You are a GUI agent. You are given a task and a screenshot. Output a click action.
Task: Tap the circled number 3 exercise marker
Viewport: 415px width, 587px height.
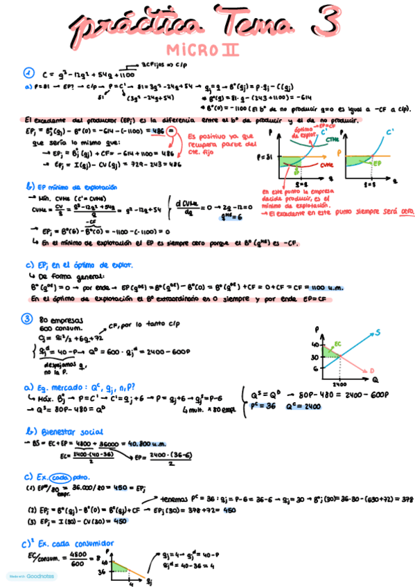click(x=28, y=319)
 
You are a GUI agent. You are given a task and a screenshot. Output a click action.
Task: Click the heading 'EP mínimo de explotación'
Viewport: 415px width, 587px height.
click(x=67, y=187)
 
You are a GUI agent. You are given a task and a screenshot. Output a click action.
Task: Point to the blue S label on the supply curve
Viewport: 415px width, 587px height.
click(x=377, y=333)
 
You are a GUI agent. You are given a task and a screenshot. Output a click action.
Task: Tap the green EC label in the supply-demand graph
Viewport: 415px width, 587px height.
click(x=337, y=343)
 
